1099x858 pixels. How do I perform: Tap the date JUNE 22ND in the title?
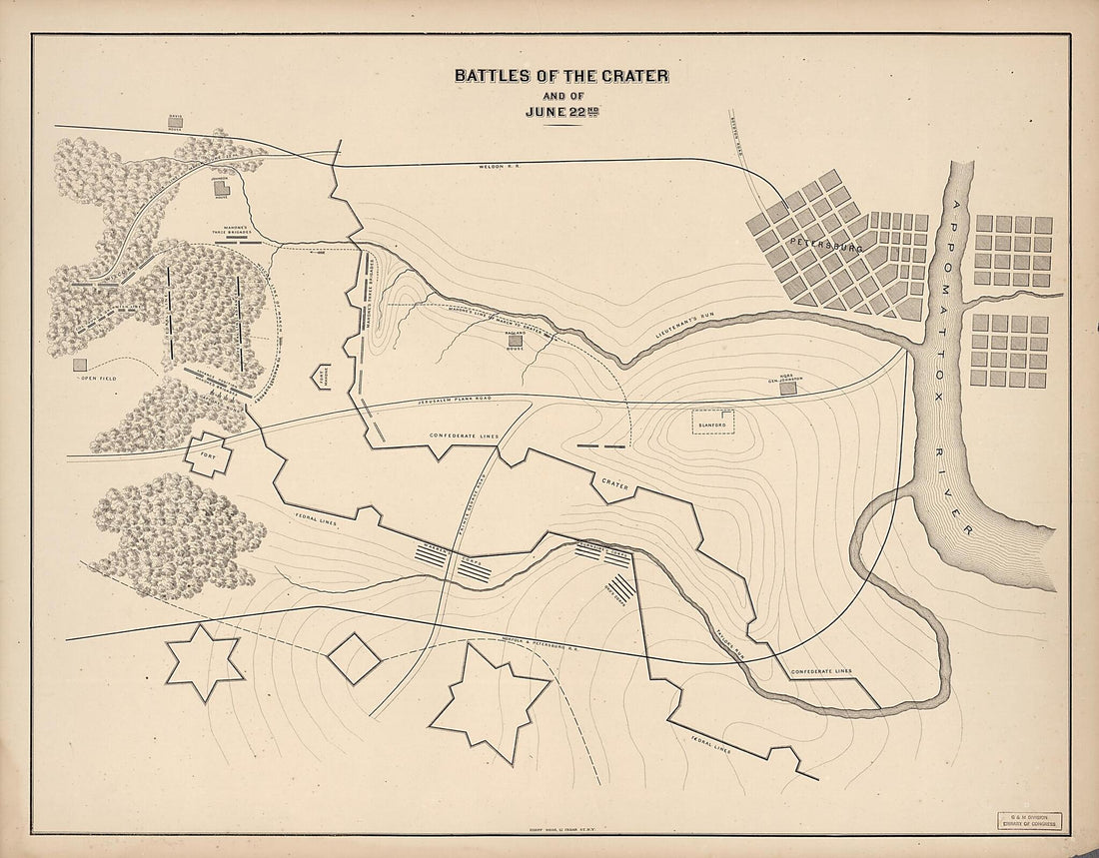pos(561,111)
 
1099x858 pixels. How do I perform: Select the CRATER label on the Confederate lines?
pos(613,483)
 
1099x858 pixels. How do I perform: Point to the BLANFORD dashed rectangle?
pos(713,422)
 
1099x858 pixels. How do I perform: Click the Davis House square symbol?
pos(176,122)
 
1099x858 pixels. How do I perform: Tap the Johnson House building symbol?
pos(222,187)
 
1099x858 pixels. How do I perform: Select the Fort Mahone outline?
pos(326,377)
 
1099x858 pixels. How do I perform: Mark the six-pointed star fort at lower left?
pos(204,663)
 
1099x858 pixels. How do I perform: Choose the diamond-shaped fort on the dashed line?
pos(354,658)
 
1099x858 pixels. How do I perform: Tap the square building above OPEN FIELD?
pos(79,366)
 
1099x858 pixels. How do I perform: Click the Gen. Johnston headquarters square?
pos(788,388)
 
